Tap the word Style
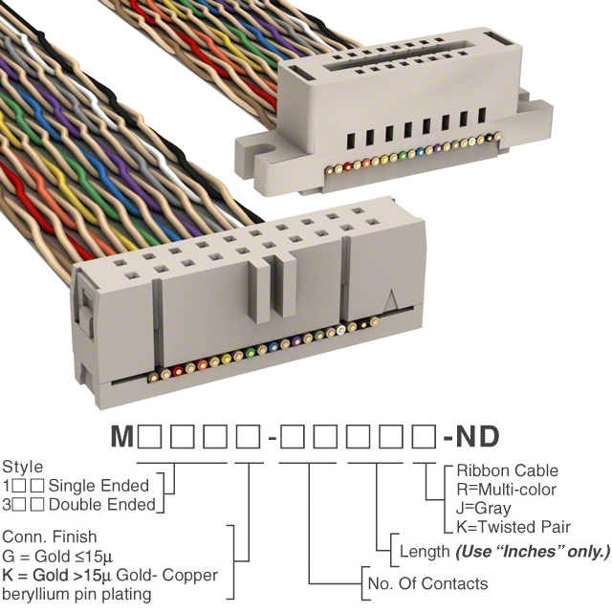pos(23,468)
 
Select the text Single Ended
pos(104,486)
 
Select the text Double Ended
pos(106,503)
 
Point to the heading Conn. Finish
pos(48,537)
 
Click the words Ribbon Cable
pos(507,470)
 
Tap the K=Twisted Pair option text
pos(514,527)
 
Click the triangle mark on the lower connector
pos(391,298)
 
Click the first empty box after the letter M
pos(149,439)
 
